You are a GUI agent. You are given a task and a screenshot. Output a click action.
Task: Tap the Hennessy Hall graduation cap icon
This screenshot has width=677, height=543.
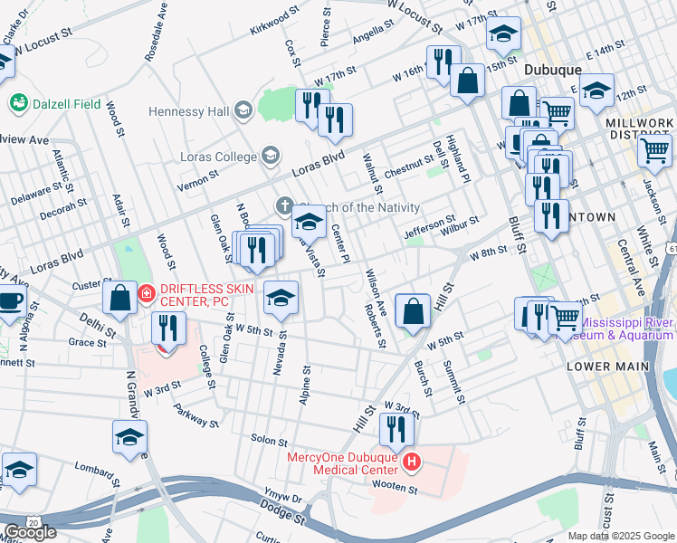tap(242, 111)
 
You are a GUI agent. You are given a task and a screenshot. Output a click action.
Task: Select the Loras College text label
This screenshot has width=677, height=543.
tap(216, 157)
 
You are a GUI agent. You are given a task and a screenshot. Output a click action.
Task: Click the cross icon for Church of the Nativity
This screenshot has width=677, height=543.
tap(284, 205)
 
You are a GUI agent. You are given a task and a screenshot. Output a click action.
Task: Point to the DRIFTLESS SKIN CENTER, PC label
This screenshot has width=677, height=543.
tap(207, 294)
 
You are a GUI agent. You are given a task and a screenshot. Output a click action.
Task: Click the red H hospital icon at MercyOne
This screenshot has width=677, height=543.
tap(412, 463)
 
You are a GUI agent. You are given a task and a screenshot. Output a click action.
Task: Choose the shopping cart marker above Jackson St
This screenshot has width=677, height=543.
tap(654, 149)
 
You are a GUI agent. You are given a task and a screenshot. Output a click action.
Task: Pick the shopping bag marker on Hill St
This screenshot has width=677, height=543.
tap(413, 311)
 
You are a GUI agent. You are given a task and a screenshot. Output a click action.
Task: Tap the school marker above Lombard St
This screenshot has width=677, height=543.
tap(19, 470)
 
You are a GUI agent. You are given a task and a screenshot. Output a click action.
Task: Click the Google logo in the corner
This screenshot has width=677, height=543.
tap(30, 532)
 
